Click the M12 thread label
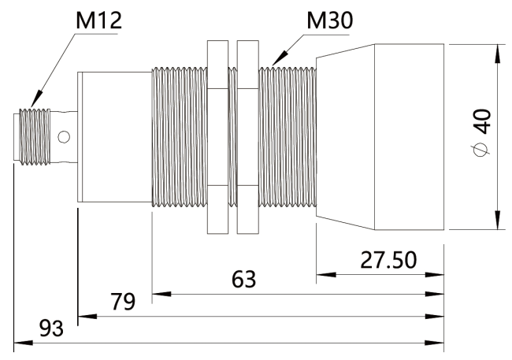coord(98,19)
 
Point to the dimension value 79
coord(122,301)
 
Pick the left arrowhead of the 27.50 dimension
coord(321,275)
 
